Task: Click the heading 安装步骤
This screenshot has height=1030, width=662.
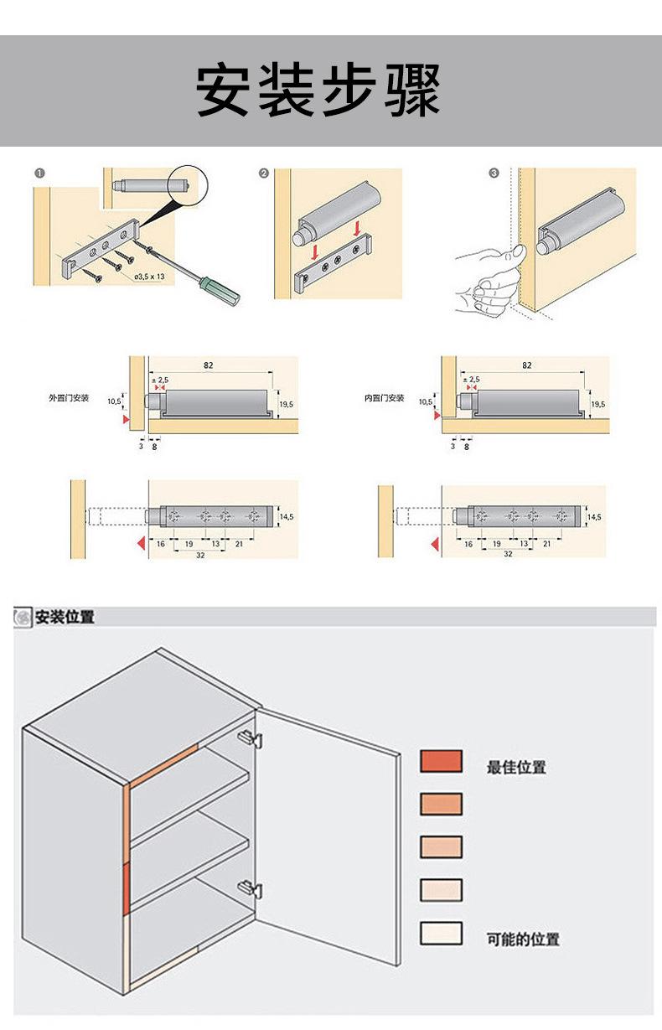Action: coord(318,91)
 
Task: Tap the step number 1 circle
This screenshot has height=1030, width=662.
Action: coord(39,173)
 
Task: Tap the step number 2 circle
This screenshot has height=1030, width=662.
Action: coord(263,173)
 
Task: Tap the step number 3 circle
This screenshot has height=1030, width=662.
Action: coord(494,173)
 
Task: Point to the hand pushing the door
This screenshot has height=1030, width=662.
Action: coord(486,281)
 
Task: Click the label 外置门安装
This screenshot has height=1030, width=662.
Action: coord(74,397)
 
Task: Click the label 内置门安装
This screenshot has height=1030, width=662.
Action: coord(384,397)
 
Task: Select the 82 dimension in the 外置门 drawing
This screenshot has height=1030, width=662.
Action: coord(207,365)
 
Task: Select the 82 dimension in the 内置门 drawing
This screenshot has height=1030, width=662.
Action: coord(526,365)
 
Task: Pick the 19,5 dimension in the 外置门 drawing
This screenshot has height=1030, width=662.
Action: coord(286,405)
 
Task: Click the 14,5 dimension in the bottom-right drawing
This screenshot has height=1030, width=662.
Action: coord(594,517)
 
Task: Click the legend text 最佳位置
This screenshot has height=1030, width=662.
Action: coord(516,767)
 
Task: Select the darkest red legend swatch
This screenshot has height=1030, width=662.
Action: coord(441,761)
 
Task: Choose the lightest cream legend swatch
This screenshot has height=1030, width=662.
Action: coord(441,934)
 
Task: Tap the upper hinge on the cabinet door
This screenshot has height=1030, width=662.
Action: coord(249,738)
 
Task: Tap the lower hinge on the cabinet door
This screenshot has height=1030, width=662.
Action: coord(249,888)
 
